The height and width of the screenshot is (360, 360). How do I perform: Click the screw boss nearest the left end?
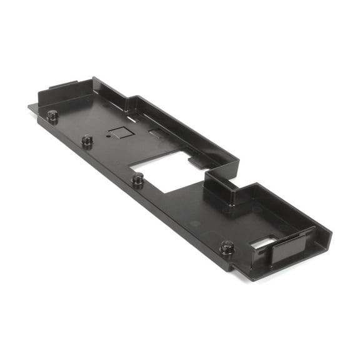tap(52, 115)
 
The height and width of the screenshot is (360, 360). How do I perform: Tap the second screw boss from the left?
tap(87, 139)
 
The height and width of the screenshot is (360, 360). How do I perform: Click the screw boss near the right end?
tap(227, 247)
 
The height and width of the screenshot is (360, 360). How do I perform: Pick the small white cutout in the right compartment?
tap(264, 241)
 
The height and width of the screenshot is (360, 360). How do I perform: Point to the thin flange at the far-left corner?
tap(32, 107)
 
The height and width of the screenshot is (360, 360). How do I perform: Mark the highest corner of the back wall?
tap(94, 79)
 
